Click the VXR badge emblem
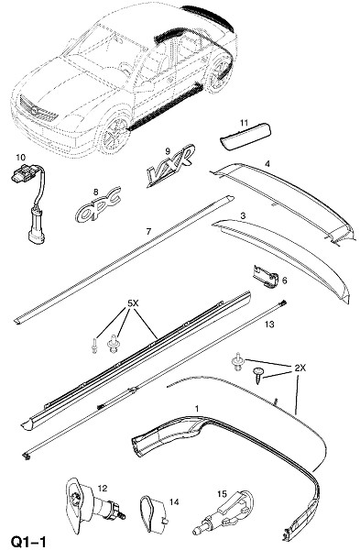point(169,168)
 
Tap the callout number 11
point(244,123)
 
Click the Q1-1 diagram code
point(28,541)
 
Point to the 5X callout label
point(133,303)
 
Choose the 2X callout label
point(300,368)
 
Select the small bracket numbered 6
point(266,276)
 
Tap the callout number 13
point(269,324)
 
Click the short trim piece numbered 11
point(245,137)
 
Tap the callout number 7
point(148,232)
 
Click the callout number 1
point(197,408)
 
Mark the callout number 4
point(267,163)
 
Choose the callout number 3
point(243,215)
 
